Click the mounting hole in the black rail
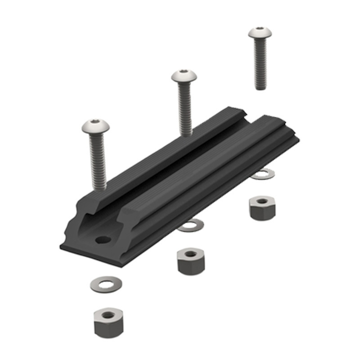click(x=102, y=239)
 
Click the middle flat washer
click(x=190, y=225)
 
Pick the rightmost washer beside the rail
click(x=262, y=174)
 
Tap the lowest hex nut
click(x=108, y=322)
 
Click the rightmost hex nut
click(x=262, y=207)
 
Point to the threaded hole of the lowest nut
click(x=108, y=315)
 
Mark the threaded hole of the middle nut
click(x=191, y=254)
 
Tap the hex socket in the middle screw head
click(x=184, y=72)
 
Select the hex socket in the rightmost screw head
click(x=260, y=29)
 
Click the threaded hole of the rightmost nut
click(x=262, y=201)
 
